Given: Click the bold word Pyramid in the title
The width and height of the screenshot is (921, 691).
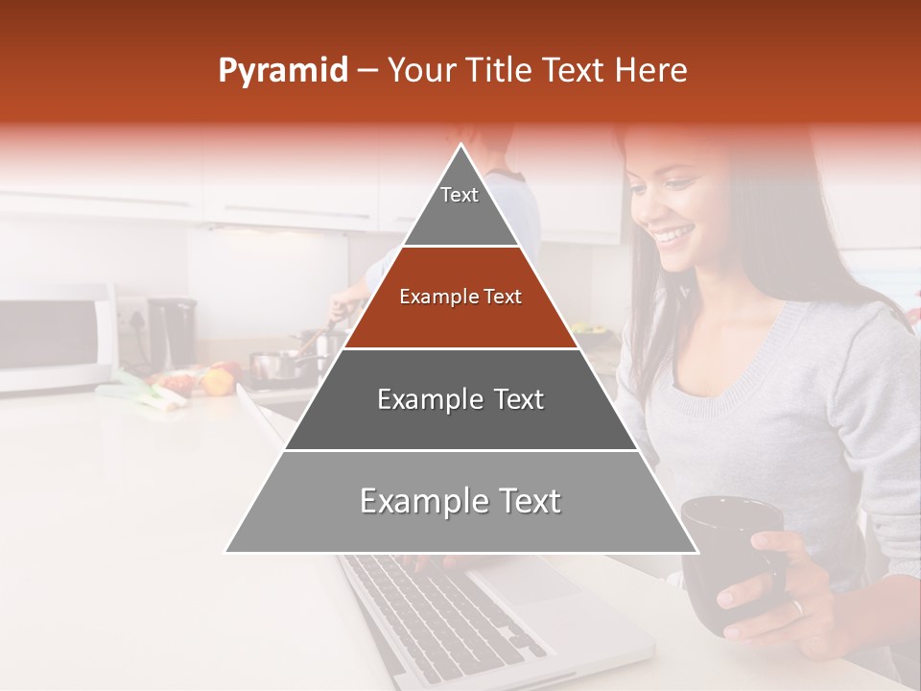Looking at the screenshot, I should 282,71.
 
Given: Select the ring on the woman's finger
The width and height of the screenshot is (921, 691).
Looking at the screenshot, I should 795,607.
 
